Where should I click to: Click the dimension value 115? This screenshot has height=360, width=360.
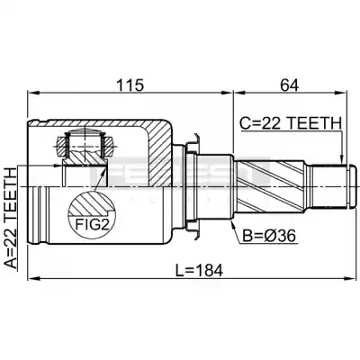(x=130, y=85)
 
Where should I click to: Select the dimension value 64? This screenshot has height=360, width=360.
(x=290, y=85)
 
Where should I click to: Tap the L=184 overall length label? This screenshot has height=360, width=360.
(x=199, y=271)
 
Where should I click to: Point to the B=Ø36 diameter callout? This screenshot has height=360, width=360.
(x=269, y=236)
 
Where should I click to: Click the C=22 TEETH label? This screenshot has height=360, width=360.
(x=291, y=123)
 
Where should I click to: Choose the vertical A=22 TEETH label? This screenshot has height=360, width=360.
(x=10, y=218)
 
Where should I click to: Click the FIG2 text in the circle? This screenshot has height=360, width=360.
(x=92, y=225)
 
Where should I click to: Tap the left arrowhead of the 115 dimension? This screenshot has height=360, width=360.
(x=32, y=93)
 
